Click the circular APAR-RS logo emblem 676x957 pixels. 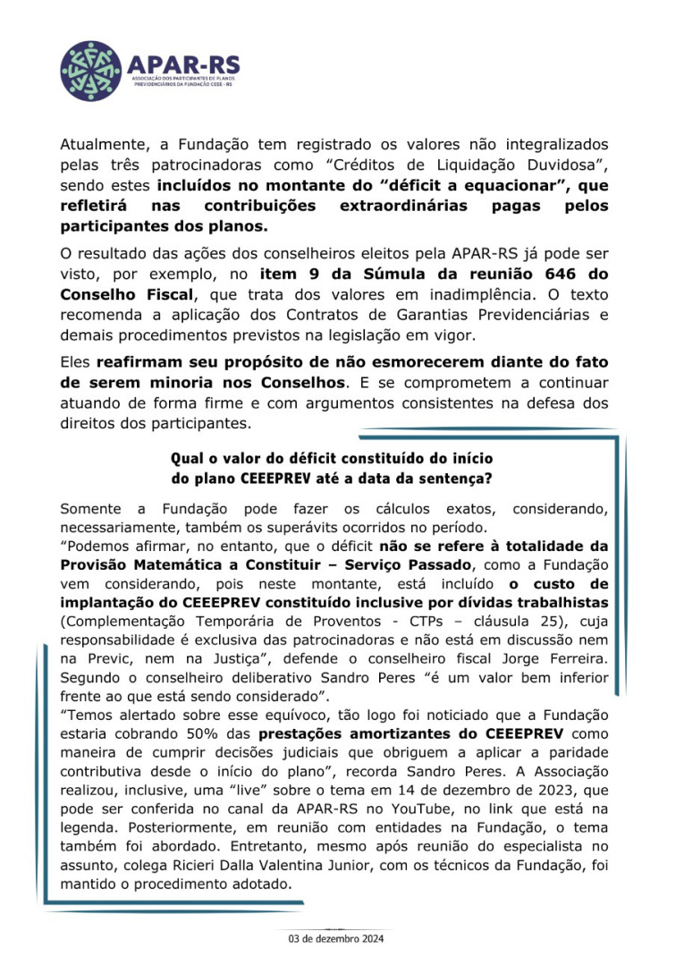click(x=90, y=71)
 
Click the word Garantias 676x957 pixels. click(x=370, y=314)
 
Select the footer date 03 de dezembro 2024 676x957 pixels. click(x=334, y=940)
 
